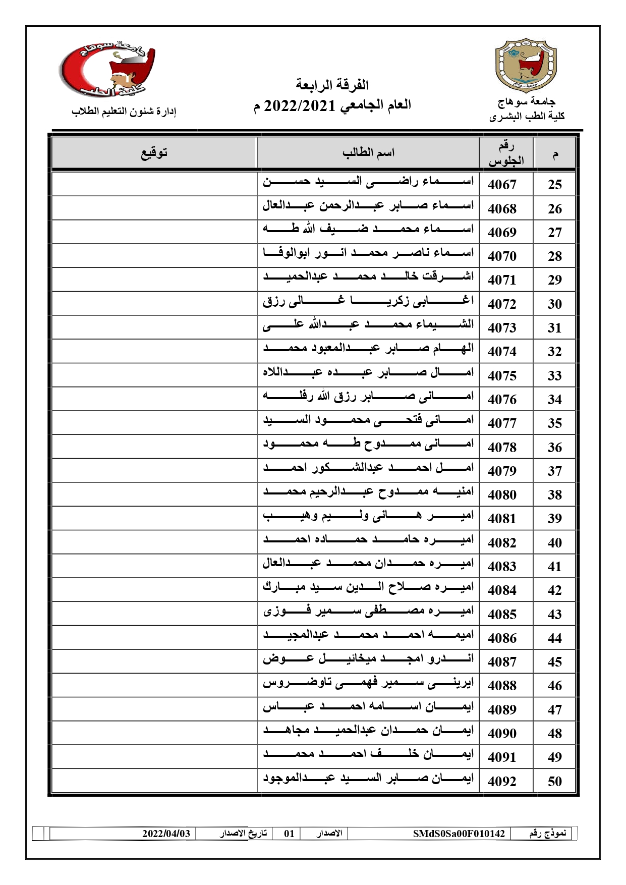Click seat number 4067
pyautogui.click(x=502, y=185)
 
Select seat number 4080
pyautogui.click(x=502, y=495)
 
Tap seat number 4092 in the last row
pyautogui.click(x=502, y=782)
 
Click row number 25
pyautogui.click(x=555, y=185)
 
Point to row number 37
pyautogui.click(x=555, y=471)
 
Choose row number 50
pyautogui.click(x=555, y=782)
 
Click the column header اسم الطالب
pyautogui.click(x=368, y=152)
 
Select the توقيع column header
pyautogui.click(x=154, y=152)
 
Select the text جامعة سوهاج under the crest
pyautogui.click(x=527, y=102)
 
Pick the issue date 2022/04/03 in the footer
pyautogui.click(x=166, y=834)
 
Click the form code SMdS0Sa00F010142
pyautogui.click(x=459, y=834)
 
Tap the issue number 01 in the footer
pyautogui.click(x=289, y=834)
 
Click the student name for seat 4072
pyautogui.click(x=368, y=302)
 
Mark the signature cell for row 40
pyautogui.click(x=154, y=542)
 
